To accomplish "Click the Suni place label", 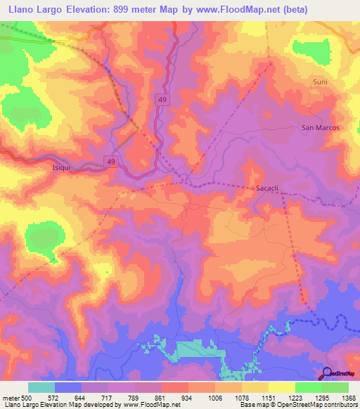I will [x=320, y=82].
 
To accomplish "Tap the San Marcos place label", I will [x=320, y=127].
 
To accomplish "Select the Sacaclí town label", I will [x=269, y=188].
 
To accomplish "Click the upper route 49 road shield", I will [x=160, y=100].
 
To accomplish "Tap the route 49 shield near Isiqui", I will [x=111, y=162].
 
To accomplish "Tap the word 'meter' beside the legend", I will [x=13, y=397].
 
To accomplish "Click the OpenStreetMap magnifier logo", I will [x=327, y=372].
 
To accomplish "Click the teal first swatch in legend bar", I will [x=41, y=387].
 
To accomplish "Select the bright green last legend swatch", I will [x=335, y=387].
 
